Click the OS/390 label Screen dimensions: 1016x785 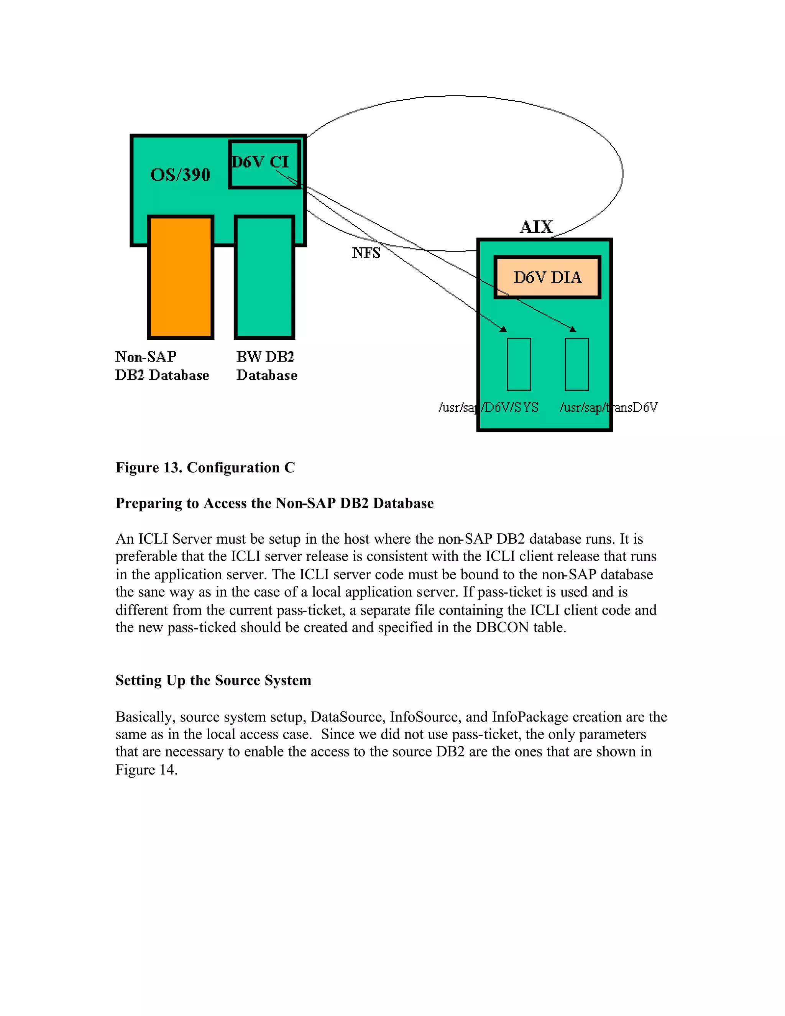point(180,175)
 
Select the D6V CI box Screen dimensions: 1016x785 point(264,164)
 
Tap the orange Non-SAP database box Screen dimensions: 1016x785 point(181,277)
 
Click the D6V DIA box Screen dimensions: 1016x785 point(547,277)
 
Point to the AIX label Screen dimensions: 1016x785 point(536,227)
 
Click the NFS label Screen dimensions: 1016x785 point(366,253)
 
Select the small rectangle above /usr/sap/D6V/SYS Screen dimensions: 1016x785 point(519,364)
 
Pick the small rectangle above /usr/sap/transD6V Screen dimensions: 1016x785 point(576,364)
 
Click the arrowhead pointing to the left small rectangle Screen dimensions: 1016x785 point(503,329)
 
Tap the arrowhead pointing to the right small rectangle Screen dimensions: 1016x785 point(573,329)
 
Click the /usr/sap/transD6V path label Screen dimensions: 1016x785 point(608,408)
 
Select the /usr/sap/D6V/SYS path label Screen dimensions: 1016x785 point(488,408)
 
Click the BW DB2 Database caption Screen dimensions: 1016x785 point(266,366)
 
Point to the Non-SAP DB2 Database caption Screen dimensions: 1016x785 point(161,366)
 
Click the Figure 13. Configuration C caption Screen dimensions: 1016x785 point(205,467)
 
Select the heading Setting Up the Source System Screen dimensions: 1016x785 point(213,680)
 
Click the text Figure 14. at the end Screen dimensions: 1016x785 point(146,770)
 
